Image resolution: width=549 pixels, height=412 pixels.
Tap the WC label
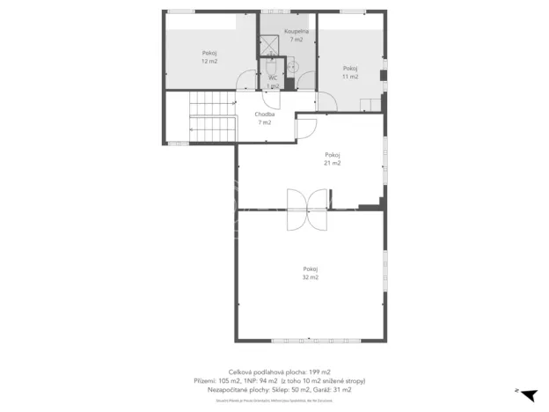click(x=273, y=78)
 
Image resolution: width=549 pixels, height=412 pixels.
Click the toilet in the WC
click(x=273, y=66)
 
